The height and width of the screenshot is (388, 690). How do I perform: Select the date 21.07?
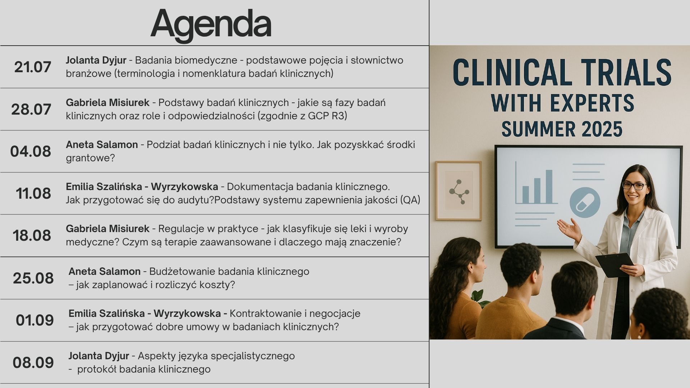pos(33,67)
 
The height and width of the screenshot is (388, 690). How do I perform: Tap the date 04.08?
pos(31,151)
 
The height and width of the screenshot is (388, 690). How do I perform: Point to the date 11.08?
pos(33,193)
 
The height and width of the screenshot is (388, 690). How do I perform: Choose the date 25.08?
pos(33,278)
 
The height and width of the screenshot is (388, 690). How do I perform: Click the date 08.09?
pos(33,362)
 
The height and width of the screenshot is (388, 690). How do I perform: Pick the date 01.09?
pos(35,320)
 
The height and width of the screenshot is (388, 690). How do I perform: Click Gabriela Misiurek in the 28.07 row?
pos(107,102)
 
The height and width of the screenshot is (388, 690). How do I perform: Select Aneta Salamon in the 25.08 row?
pos(105,271)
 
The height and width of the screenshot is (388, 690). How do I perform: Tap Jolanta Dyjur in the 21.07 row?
pos(96,60)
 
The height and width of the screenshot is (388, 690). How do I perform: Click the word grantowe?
pos(90,158)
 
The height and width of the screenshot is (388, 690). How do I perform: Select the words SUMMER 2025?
pos(562,129)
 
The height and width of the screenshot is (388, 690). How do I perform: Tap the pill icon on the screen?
pos(585,203)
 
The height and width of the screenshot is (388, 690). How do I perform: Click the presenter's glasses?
pos(635,186)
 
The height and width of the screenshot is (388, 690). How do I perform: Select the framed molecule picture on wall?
pos(458,190)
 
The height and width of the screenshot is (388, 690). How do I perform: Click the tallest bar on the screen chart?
pos(549,186)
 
